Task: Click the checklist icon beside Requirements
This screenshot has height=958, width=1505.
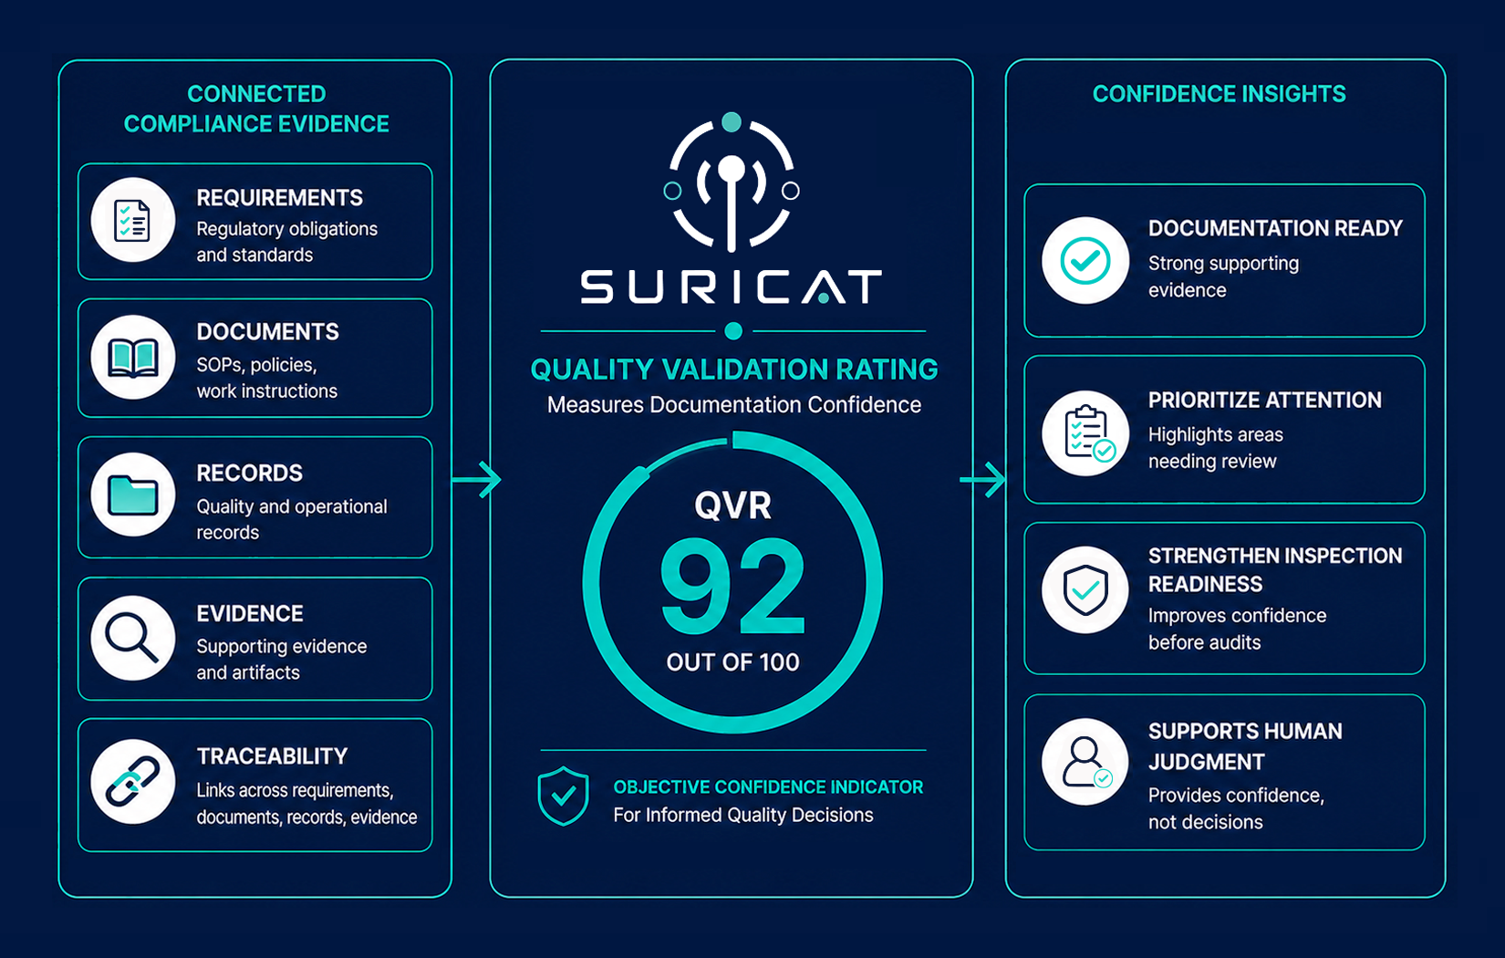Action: (x=132, y=221)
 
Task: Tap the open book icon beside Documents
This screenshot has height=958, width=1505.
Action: (x=133, y=358)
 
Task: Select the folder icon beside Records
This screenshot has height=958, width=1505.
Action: (x=133, y=495)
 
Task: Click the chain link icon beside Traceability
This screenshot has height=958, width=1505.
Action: (x=133, y=781)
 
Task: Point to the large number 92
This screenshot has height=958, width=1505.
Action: (x=733, y=586)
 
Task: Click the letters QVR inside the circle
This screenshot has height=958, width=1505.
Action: (x=733, y=505)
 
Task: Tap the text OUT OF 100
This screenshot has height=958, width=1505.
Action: (x=733, y=663)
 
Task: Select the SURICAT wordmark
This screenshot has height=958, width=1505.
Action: (x=732, y=287)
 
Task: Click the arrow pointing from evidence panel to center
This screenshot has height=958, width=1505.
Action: (x=476, y=479)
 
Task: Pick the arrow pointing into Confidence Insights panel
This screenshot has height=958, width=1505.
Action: (x=983, y=479)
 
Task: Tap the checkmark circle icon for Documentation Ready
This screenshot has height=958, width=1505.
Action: (x=1085, y=260)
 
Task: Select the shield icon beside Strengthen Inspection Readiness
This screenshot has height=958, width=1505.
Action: (x=1085, y=590)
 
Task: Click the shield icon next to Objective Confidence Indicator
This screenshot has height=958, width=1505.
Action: (x=563, y=796)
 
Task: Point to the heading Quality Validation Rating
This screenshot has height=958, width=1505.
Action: (x=734, y=370)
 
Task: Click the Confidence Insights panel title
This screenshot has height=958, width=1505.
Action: (x=1219, y=94)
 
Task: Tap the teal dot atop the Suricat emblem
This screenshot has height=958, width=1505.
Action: (x=731, y=122)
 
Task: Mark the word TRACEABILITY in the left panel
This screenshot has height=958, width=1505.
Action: (x=272, y=756)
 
